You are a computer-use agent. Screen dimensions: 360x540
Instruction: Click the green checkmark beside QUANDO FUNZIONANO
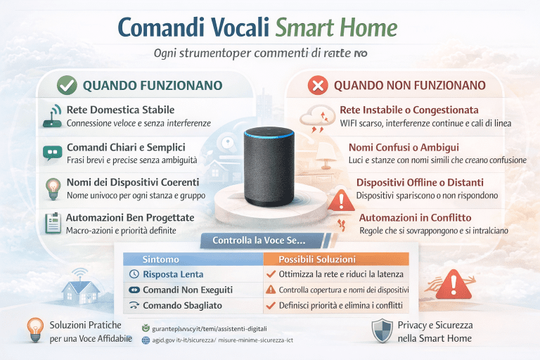point(67,85)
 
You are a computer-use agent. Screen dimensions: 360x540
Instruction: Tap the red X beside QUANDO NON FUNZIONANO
point(318,86)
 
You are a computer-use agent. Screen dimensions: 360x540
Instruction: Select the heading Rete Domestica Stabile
point(120,110)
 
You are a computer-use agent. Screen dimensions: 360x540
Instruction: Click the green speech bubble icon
point(53,152)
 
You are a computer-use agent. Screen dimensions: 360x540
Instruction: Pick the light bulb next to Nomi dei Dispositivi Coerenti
point(53,187)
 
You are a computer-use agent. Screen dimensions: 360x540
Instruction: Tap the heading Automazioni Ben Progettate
point(130,218)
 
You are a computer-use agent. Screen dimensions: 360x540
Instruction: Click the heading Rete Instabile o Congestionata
point(409,110)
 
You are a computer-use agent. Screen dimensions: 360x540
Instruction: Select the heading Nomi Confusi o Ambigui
point(404,148)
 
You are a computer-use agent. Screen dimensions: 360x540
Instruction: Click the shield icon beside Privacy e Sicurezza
point(382,330)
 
